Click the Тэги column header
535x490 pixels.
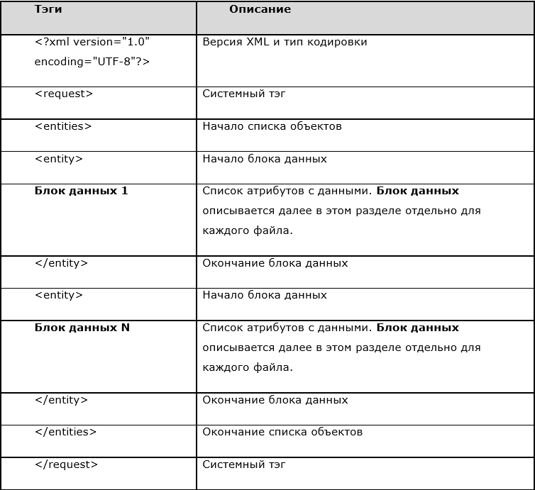point(48,11)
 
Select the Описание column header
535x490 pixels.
point(260,10)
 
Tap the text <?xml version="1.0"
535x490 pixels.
point(92,42)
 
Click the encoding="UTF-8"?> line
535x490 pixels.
point(92,62)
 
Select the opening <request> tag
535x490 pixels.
point(64,94)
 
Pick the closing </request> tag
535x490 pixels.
point(66,464)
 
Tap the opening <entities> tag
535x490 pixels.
point(63,126)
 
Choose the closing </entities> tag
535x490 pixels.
point(65,432)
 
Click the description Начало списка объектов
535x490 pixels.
point(272,126)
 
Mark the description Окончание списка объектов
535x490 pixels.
point(282,432)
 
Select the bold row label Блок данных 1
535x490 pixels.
point(81,191)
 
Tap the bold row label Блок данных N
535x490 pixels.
point(82,328)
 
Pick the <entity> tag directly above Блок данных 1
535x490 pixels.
point(59,159)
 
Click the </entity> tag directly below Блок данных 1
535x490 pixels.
point(61,263)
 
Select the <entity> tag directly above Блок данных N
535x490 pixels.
point(59,295)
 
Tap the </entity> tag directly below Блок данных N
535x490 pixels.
point(61,400)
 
